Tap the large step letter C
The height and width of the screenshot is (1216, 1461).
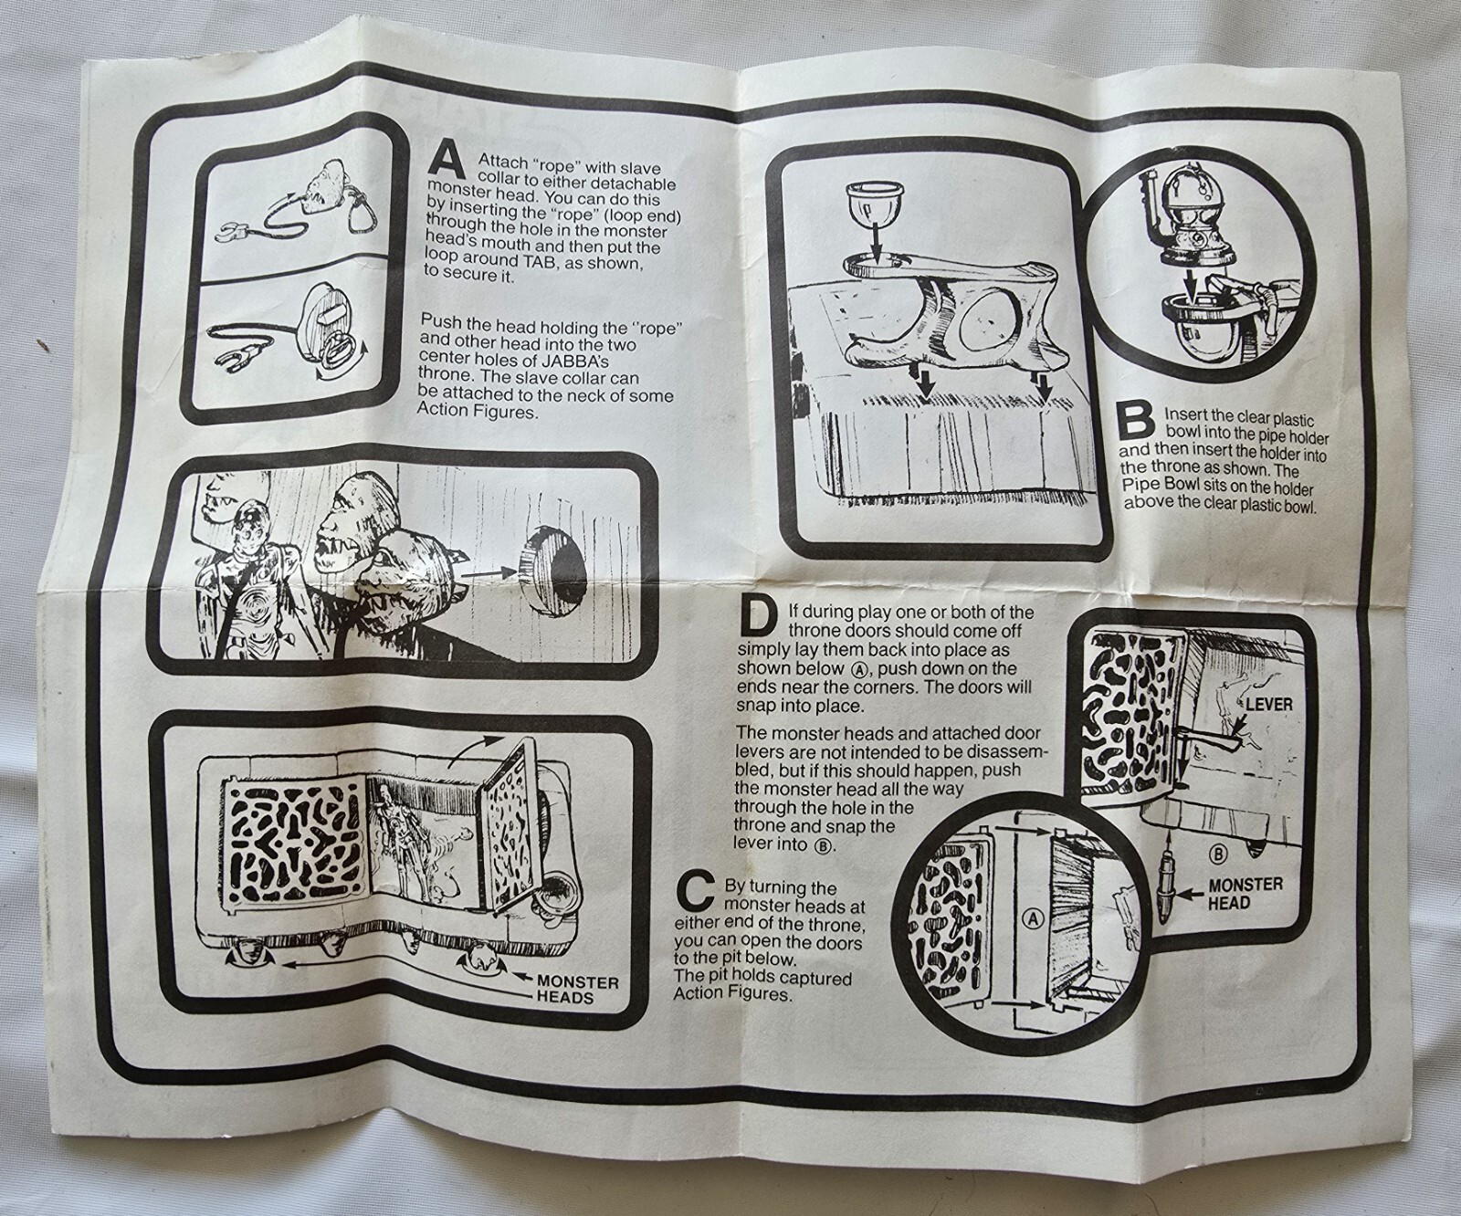(695, 892)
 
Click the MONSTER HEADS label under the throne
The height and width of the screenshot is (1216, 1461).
(576, 991)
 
